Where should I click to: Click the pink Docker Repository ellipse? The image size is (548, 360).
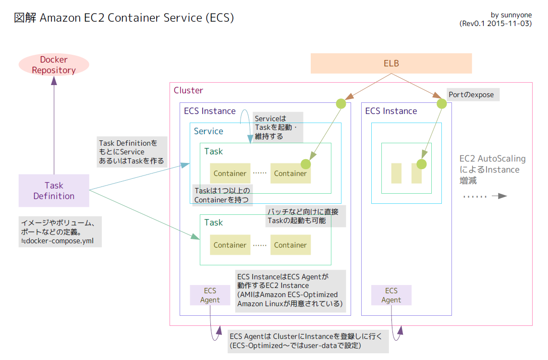coord(54,65)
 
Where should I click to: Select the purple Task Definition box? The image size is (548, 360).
coord(54,191)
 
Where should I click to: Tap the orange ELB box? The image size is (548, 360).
coord(391,63)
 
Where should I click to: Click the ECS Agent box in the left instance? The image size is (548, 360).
coord(210,295)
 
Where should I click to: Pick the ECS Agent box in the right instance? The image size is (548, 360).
coord(391,295)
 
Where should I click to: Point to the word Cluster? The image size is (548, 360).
coord(188,90)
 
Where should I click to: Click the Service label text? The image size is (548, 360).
coord(208,131)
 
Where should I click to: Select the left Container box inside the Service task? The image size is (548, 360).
coord(230,174)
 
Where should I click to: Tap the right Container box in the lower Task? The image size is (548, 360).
coord(290,245)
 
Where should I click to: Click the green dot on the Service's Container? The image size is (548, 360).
coord(305,164)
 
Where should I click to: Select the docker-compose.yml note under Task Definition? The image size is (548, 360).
coord(60,232)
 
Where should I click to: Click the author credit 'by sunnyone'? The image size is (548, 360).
coord(511,15)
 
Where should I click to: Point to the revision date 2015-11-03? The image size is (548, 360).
coord(507,24)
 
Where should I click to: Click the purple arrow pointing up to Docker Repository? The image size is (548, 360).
coord(54,125)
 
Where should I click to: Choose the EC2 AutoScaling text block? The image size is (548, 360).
coord(492,170)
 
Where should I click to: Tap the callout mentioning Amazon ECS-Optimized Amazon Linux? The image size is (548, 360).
coord(291,291)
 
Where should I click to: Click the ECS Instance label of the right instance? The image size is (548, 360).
coord(391,111)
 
